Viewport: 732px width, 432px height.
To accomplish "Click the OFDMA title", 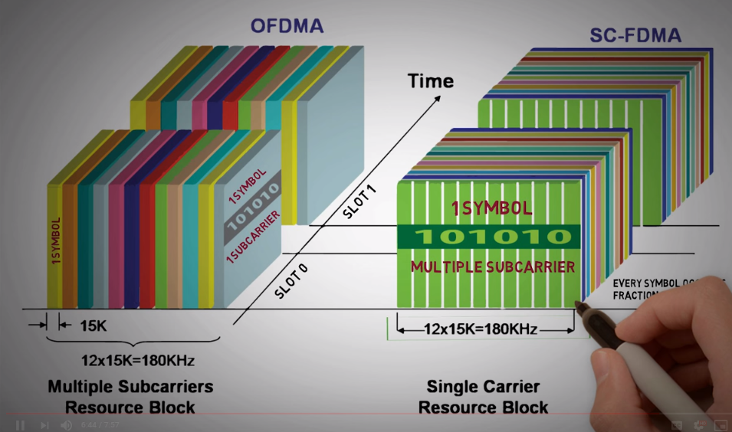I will click(x=287, y=26).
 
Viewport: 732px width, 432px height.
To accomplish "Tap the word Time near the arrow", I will click(x=430, y=80).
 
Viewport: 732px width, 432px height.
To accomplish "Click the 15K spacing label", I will click(x=94, y=326).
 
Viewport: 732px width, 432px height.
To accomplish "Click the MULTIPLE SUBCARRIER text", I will click(x=493, y=267).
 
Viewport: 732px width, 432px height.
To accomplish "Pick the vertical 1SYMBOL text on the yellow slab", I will click(x=56, y=241).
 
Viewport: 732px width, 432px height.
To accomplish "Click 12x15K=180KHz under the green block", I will click(x=481, y=330).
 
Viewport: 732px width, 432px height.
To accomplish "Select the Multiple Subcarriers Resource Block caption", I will click(x=130, y=396).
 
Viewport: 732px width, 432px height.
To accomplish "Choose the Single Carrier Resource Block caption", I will click(x=483, y=397).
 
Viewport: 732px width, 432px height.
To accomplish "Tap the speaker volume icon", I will click(x=67, y=424).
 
